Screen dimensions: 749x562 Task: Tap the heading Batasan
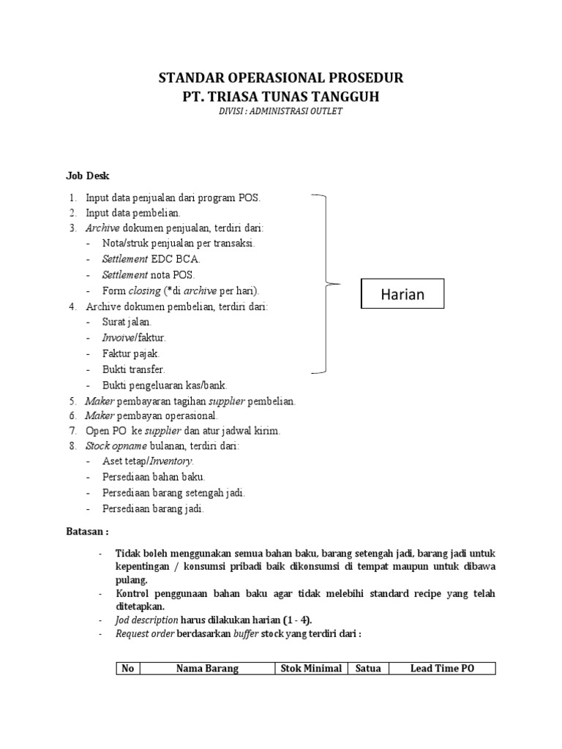point(87,532)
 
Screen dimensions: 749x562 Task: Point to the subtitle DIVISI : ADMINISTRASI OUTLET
point(281,111)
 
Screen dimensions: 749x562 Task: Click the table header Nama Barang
point(207,669)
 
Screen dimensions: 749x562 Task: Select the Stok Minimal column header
point(311,669)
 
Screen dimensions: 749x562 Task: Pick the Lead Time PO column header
point(442,669)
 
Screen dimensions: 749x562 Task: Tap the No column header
point(128,669)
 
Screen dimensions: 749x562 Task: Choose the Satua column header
point(368,669)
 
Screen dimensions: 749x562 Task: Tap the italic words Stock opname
point(116,445)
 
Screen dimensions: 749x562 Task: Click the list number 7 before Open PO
point(72,430)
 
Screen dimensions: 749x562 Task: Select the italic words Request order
point(143,633)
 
